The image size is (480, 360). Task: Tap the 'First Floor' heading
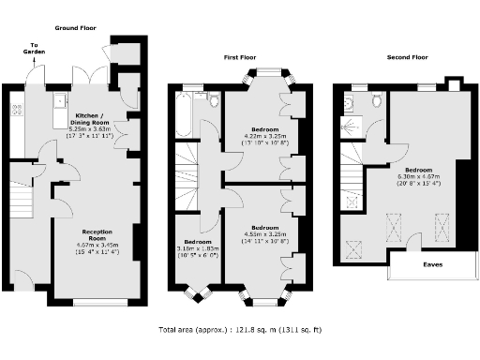[x=240, y=57]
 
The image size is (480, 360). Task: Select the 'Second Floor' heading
[x=408, y=57]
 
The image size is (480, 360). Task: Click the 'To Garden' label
[x=36, y=49]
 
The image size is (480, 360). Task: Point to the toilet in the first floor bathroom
[x=212, y=99]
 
